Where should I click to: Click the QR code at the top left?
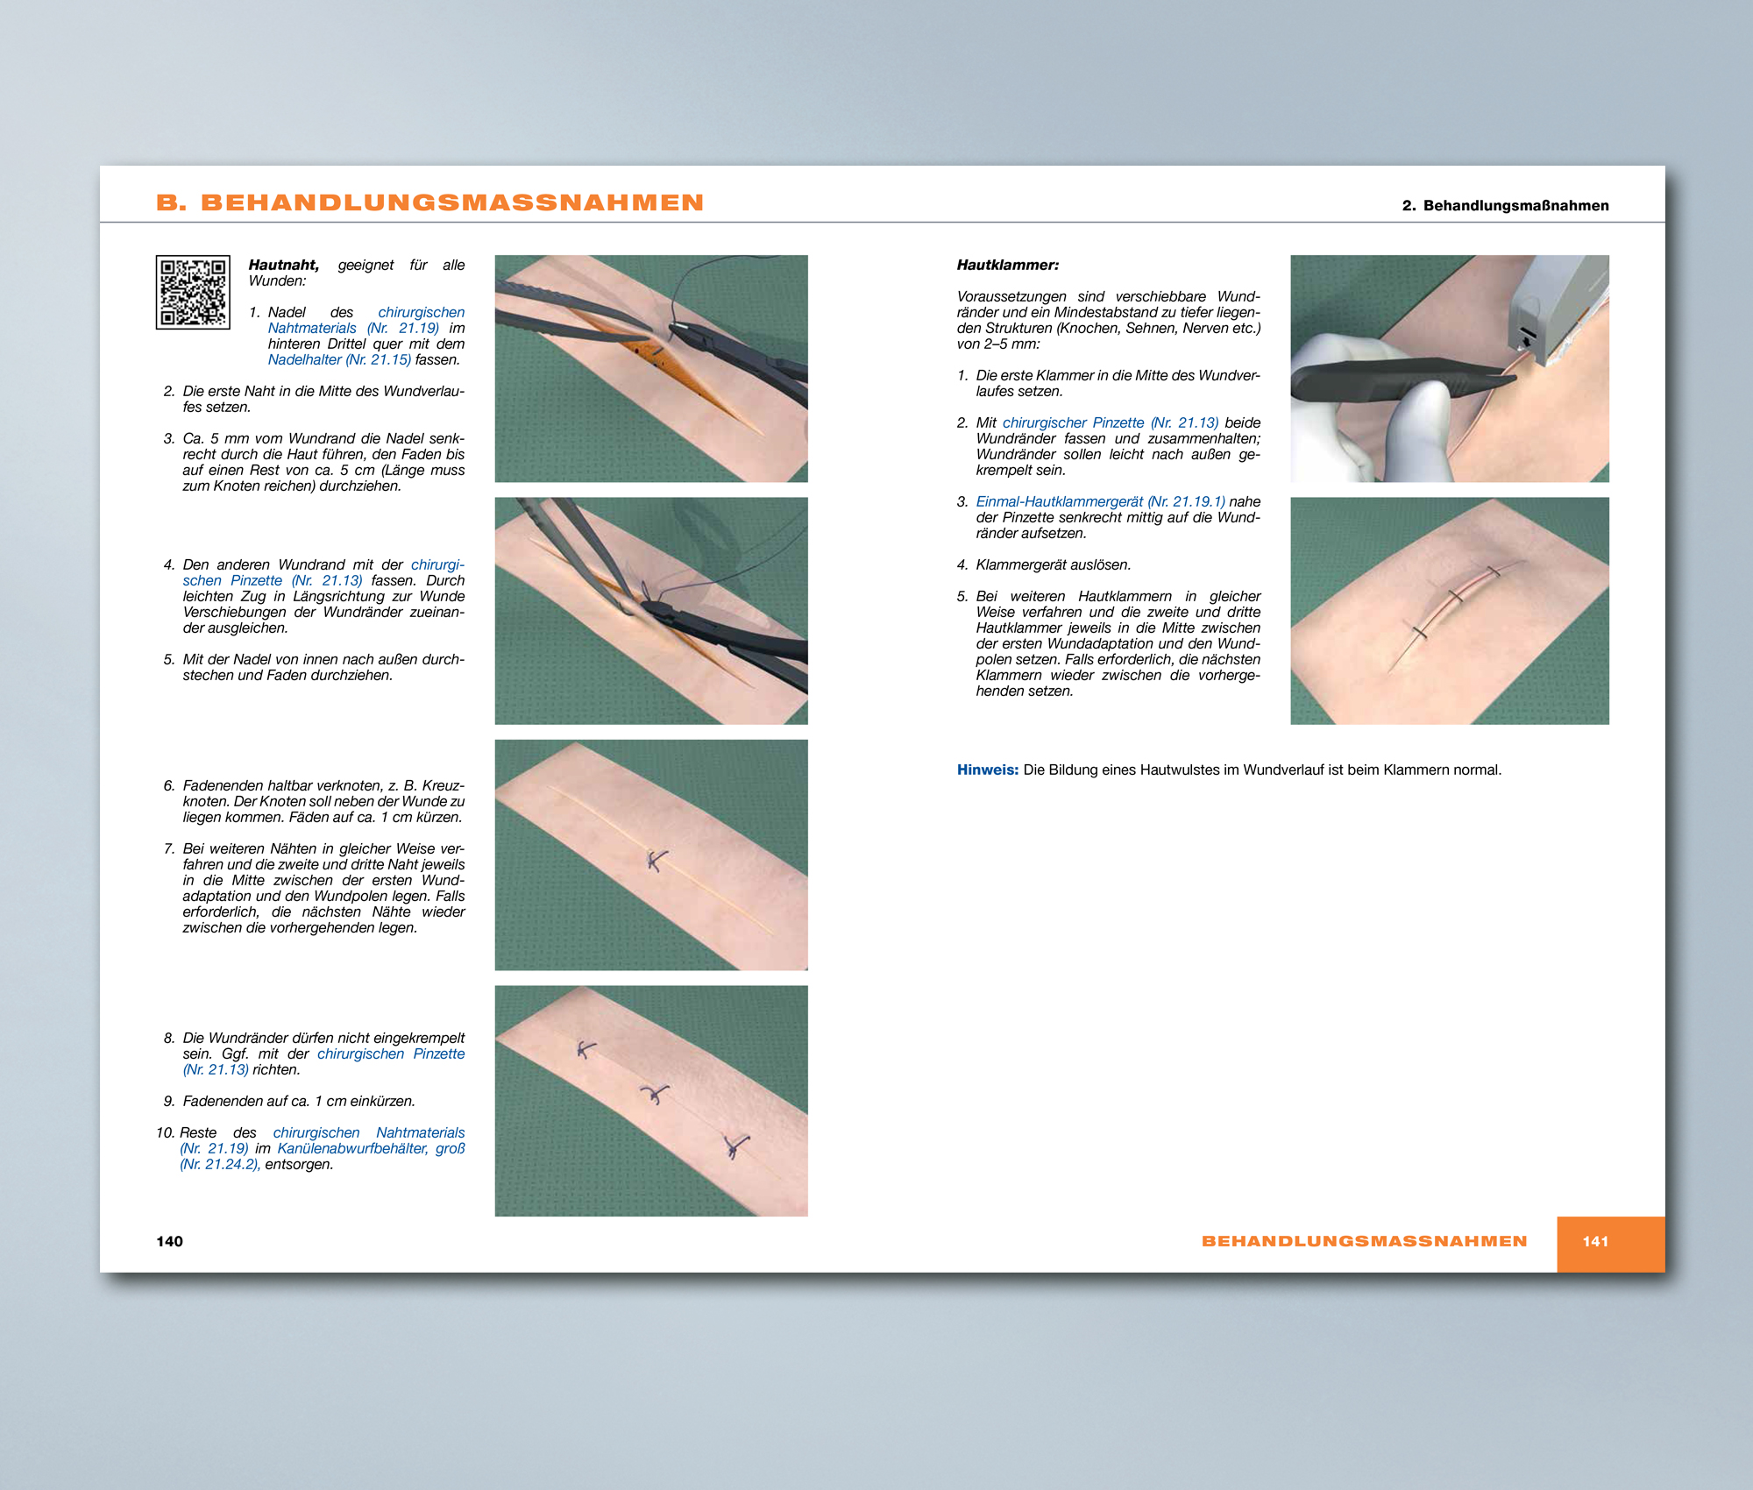pos(193,292)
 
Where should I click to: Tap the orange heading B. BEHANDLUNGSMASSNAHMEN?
pos(429,202)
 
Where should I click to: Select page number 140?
pos(169,1241)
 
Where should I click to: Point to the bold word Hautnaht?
pos(283,265)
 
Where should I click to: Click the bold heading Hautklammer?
pos(1008,265)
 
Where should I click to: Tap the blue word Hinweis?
pos(987,770)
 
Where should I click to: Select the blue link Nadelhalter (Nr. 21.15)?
pos(339,359)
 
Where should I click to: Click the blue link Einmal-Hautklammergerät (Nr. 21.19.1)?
pos(1100,501)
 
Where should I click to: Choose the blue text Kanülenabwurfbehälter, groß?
pos(371,1148)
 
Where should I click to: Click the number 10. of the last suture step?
pos(166,1132)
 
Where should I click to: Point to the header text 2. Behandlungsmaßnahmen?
pos(1505,205)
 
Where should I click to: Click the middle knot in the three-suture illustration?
pos(654,1095)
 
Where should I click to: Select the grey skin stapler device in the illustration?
pos(1551,307)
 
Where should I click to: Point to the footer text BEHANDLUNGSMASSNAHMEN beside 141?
pos(1364,1241)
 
